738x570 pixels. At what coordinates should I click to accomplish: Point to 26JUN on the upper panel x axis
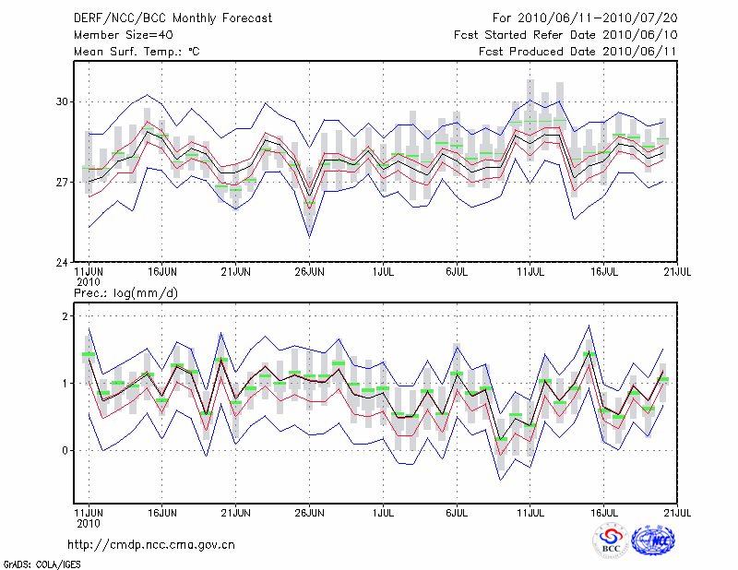coord(309,273)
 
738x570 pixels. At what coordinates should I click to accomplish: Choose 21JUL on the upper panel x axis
coord(678,273)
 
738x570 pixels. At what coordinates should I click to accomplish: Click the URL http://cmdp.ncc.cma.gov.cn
coord(152,544)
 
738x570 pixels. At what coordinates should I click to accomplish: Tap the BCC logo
coord(612,541)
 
